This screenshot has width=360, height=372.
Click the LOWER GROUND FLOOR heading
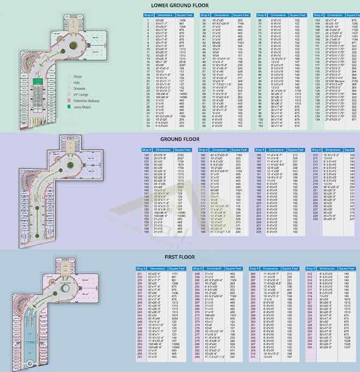click(179, 5)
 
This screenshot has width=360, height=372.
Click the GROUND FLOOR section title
click(179, 139)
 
